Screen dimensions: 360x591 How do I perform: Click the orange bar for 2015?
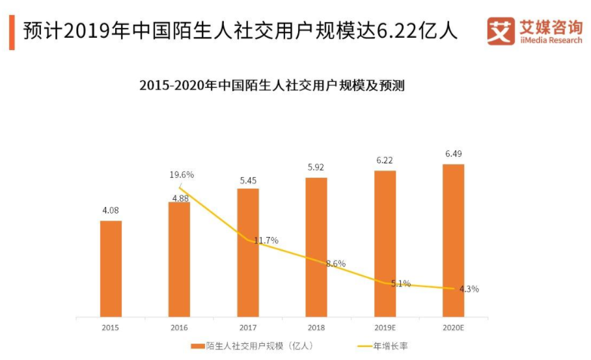(x=111, y=268)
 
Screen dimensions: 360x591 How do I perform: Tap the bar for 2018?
(x=316, y=247)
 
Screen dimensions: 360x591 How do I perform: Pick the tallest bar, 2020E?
(x=453, y=240)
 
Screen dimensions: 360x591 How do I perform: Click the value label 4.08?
(x=111, y=210)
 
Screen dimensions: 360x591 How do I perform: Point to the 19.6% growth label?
(x=181, y=174)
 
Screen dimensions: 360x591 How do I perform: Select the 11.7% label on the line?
(x=266, y=240)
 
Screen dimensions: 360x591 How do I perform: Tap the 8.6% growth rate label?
(x=335, y=264)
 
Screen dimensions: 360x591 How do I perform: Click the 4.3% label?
(x=468, y=289)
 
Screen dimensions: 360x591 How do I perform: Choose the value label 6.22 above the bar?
(x=385, y=160)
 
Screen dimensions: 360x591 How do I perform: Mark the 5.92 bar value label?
(x=316, y=167)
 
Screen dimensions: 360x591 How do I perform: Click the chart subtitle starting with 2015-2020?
(x=272, y=85)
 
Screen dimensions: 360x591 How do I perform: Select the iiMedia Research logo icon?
(x=501, y=30)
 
